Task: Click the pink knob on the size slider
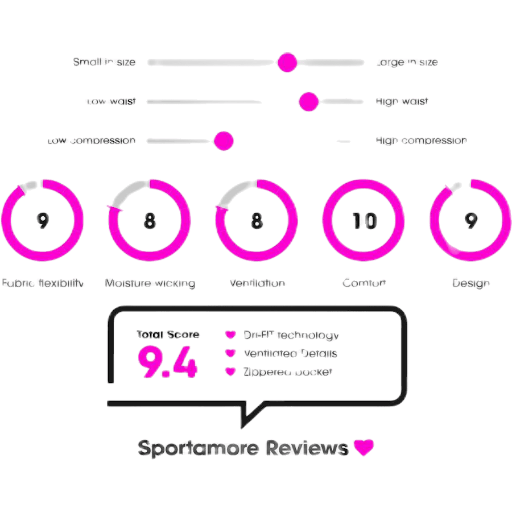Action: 287,62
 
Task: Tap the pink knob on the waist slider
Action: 309,102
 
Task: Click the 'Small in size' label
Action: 104,62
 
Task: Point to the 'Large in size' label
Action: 407,62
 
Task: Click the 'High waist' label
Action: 402,102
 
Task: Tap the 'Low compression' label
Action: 92,141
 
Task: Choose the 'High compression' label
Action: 422,141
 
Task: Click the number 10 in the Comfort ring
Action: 364,221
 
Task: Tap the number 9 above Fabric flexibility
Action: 42,221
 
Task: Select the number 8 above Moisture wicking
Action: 150,221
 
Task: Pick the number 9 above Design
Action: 470,221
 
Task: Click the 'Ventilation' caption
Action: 257,283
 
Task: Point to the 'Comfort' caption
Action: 364,283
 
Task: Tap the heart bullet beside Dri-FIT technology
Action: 230,335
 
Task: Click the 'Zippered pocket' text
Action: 287,372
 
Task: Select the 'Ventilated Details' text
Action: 290,354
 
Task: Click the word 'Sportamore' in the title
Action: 199,448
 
